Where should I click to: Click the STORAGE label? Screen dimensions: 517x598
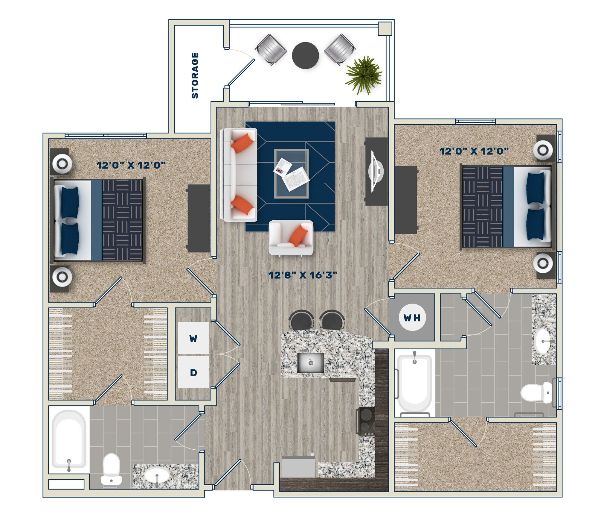point(195,75)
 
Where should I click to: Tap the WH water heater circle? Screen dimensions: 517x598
point(412,318)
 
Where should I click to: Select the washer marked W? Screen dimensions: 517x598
point(193,339)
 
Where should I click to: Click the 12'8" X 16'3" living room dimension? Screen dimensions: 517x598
point(303,275)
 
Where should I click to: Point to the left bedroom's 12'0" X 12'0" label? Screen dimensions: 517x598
point(131,165)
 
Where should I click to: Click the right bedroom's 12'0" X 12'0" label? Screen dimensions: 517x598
point(474,151)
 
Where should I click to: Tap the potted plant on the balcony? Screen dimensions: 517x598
point(364,74)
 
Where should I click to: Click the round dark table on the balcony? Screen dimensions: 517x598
point(305,55)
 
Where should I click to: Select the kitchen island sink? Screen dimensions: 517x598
point(311,363)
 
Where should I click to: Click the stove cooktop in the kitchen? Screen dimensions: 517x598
point(366,422)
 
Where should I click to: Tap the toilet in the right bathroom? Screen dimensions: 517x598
point(536,392)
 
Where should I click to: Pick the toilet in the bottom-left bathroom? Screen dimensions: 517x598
point(111,469)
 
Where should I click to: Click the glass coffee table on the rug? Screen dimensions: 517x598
point(292,173)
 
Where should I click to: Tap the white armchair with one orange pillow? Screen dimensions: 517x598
point(291,238)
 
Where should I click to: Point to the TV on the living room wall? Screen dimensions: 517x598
point(376,172)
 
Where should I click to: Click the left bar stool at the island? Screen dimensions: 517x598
point(301,320)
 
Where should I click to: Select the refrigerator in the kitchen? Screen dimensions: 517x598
point(298,467)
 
